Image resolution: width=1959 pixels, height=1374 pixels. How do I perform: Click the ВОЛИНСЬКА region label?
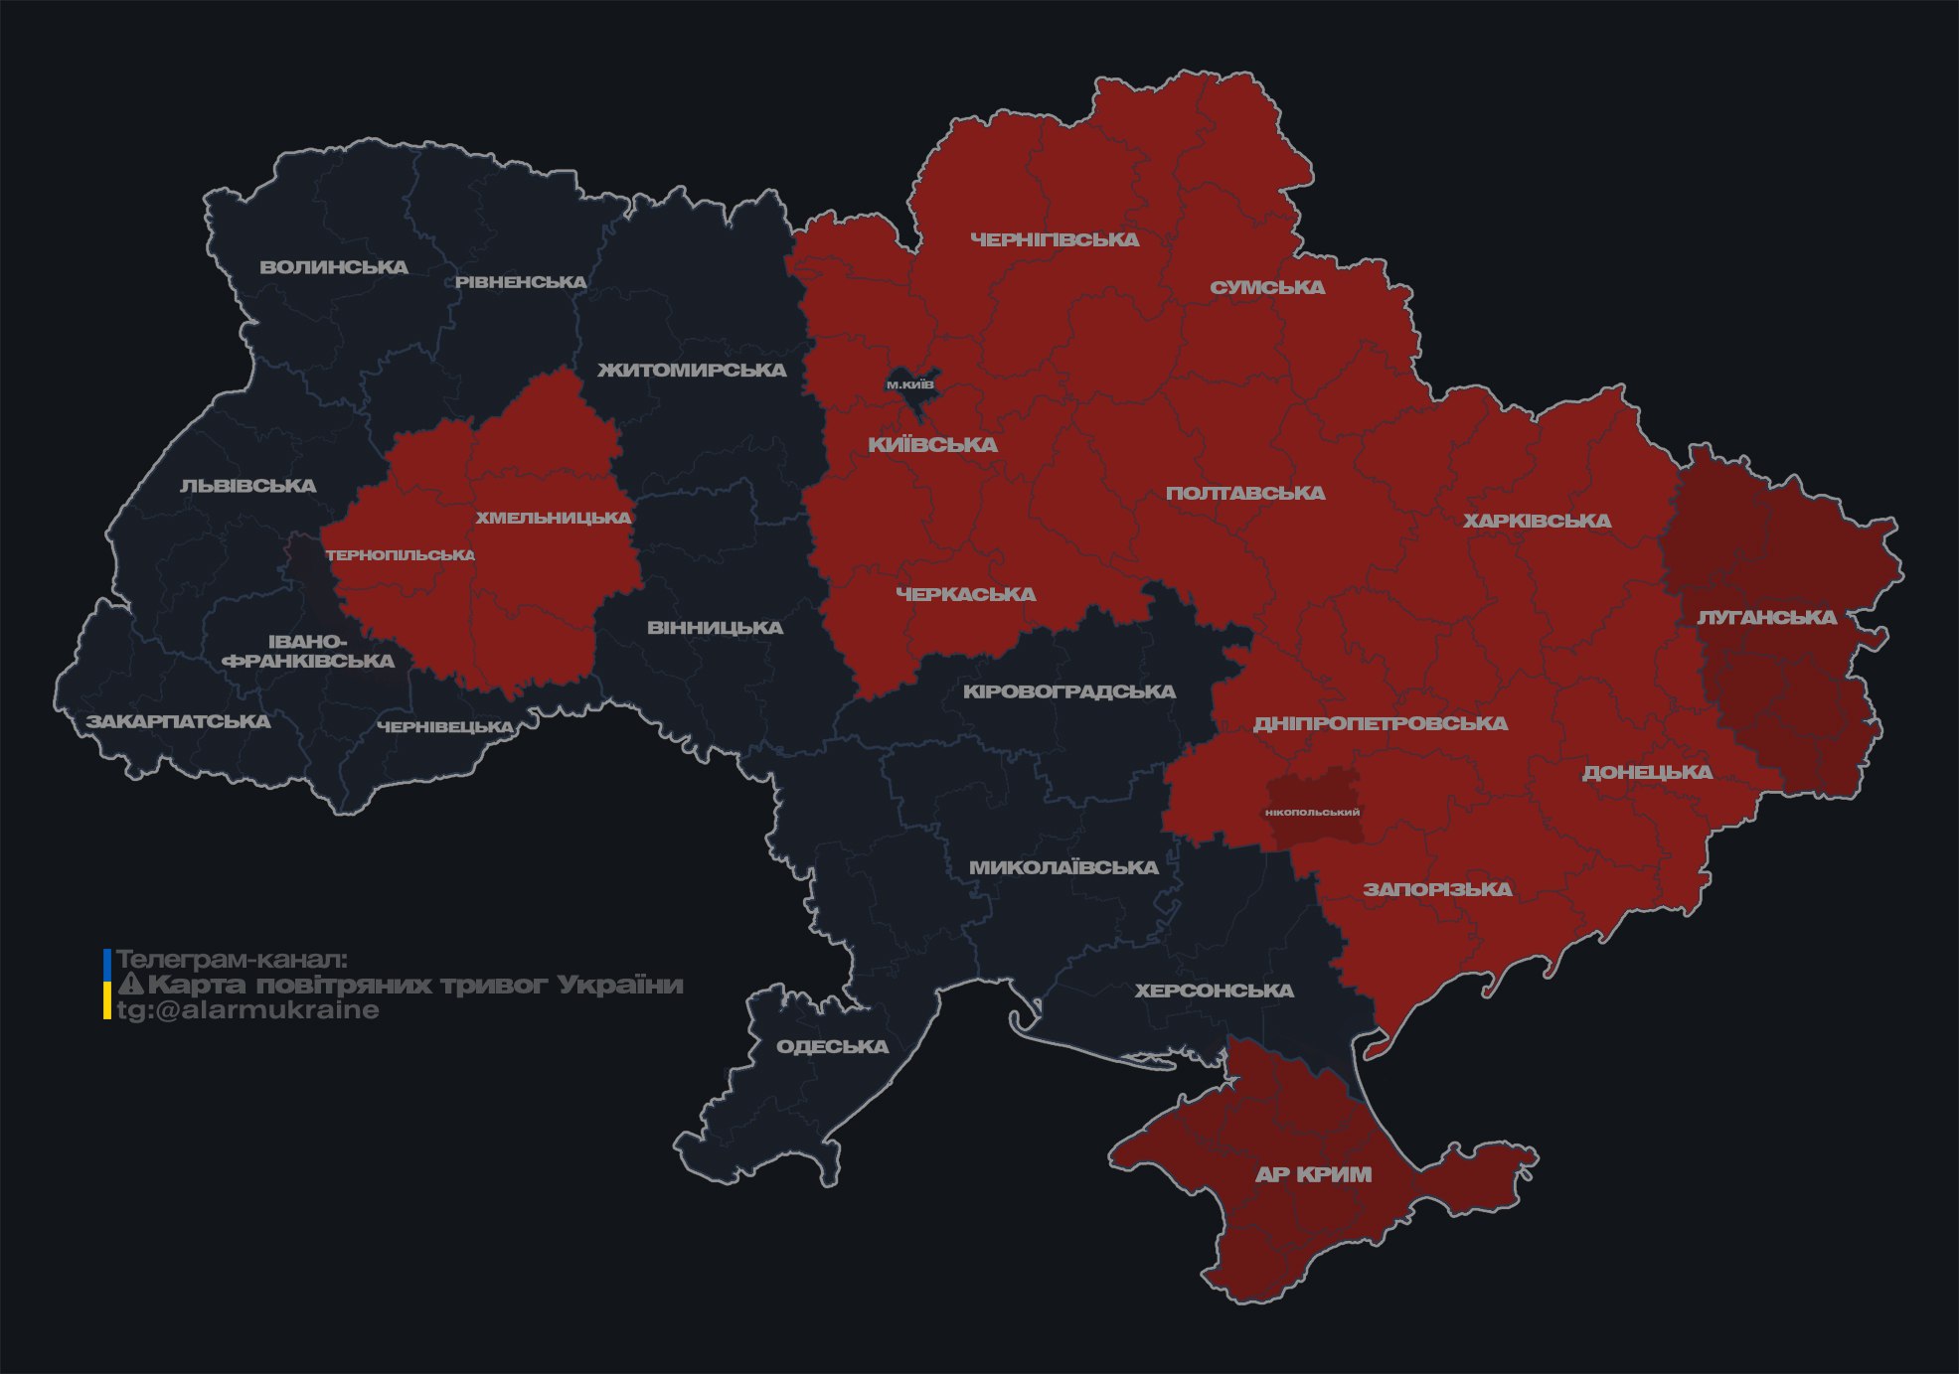[334, 267]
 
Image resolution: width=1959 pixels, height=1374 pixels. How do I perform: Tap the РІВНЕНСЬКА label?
[521, 282]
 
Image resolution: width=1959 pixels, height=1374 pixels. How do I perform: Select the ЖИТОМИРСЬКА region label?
[692, 371]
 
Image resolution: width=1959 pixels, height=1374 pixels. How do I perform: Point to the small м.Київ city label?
[910, 384]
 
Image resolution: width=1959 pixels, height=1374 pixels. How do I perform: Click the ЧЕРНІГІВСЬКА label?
[1055, 239]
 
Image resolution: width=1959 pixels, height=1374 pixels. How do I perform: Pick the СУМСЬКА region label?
[1267, 288]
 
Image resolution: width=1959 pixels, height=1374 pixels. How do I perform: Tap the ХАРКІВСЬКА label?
[1537, 521]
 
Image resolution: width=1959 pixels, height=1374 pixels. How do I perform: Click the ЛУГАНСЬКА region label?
[1766, 618]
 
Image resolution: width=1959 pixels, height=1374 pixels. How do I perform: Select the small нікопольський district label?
[1312, 812]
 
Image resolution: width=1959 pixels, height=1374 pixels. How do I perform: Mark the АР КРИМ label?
[1313, 1174]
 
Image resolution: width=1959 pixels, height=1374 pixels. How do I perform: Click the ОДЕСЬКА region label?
[832, 1047]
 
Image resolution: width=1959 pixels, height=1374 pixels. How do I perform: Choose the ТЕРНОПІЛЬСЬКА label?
[401, 555]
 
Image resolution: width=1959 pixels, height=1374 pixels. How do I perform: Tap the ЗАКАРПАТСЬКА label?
[178, 721]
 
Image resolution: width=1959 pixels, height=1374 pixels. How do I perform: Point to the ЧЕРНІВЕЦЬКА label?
[445, 727]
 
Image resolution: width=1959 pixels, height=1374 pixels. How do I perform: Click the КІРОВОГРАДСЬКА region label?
[1068, 691]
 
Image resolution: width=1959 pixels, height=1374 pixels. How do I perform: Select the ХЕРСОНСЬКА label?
[1214, 991]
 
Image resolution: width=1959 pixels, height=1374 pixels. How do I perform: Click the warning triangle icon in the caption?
[130, 985]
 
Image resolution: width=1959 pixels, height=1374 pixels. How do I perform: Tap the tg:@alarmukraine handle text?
[247, 1010]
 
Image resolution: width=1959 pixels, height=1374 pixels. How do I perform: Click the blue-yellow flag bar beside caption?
[107, 985]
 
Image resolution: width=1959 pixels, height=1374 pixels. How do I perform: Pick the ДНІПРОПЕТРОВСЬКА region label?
[1380, 723]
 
